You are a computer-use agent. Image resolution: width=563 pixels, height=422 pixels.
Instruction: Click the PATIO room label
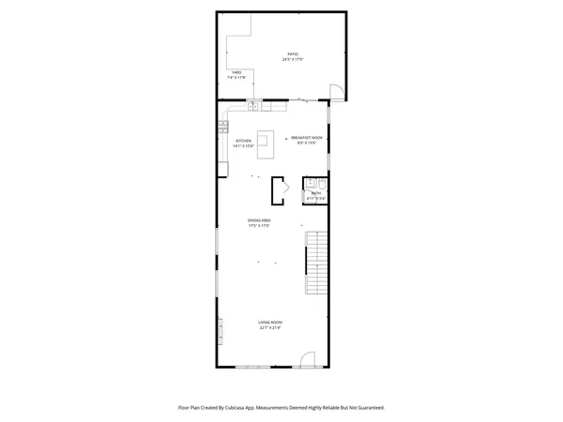pyautogui.click(x=293, y=55)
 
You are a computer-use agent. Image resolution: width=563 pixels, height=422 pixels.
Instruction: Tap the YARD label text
pyautogui.click(x=236, y=72)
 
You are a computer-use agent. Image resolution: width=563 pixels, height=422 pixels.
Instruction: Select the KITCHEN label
pyautogui.click(x=243, y=141)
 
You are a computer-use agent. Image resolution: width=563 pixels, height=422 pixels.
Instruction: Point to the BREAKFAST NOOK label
pyautogui.click(x=307, y=136)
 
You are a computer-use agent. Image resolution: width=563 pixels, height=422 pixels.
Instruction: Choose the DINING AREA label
pyautogui.click(x=259, y=220)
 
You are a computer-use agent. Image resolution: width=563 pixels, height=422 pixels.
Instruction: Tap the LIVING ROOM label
pyautogui.click(x=271, y=323)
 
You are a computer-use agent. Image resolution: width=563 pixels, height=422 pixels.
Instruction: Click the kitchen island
pyautogui.click(x=266, y=142)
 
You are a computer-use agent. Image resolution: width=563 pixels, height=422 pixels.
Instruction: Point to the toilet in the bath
pyautogui.click(x=320, y=182)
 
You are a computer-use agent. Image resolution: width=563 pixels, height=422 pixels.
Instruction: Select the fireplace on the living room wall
pyautogui.click(x=221, y=331)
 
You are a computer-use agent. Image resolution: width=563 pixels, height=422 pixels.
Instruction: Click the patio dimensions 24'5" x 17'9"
pyautogui.click(x=293, y=61)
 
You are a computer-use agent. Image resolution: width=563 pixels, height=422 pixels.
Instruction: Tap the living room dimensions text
pyautogui.click(x=271, y=328)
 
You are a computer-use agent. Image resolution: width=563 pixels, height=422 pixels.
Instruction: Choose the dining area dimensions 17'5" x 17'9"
pyautogui.click(x=259, y=226)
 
